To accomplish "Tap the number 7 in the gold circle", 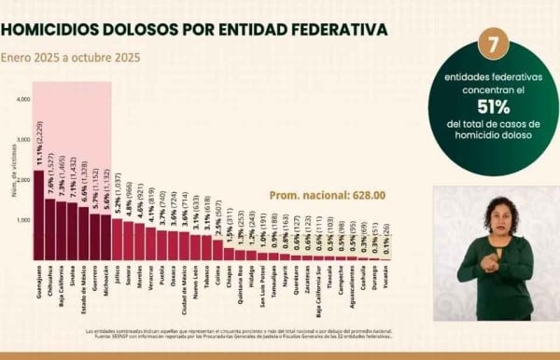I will [x=492, y=43].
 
